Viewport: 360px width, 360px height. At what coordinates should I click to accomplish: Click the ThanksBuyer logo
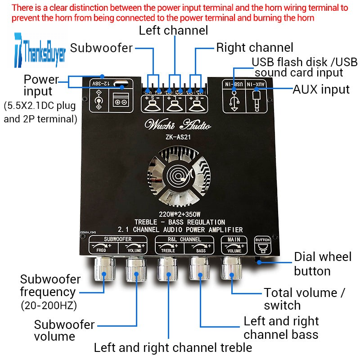click(40, 49)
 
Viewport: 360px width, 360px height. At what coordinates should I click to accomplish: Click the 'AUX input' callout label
click(321, 90)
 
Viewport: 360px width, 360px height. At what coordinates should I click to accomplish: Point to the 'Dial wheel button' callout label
click(322, 264)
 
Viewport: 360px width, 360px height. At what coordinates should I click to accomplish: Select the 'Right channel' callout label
click(255, 48)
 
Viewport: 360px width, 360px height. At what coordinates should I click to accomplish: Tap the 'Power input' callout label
click(41, 85)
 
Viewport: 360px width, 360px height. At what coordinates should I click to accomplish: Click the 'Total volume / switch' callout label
click(304, 299)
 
